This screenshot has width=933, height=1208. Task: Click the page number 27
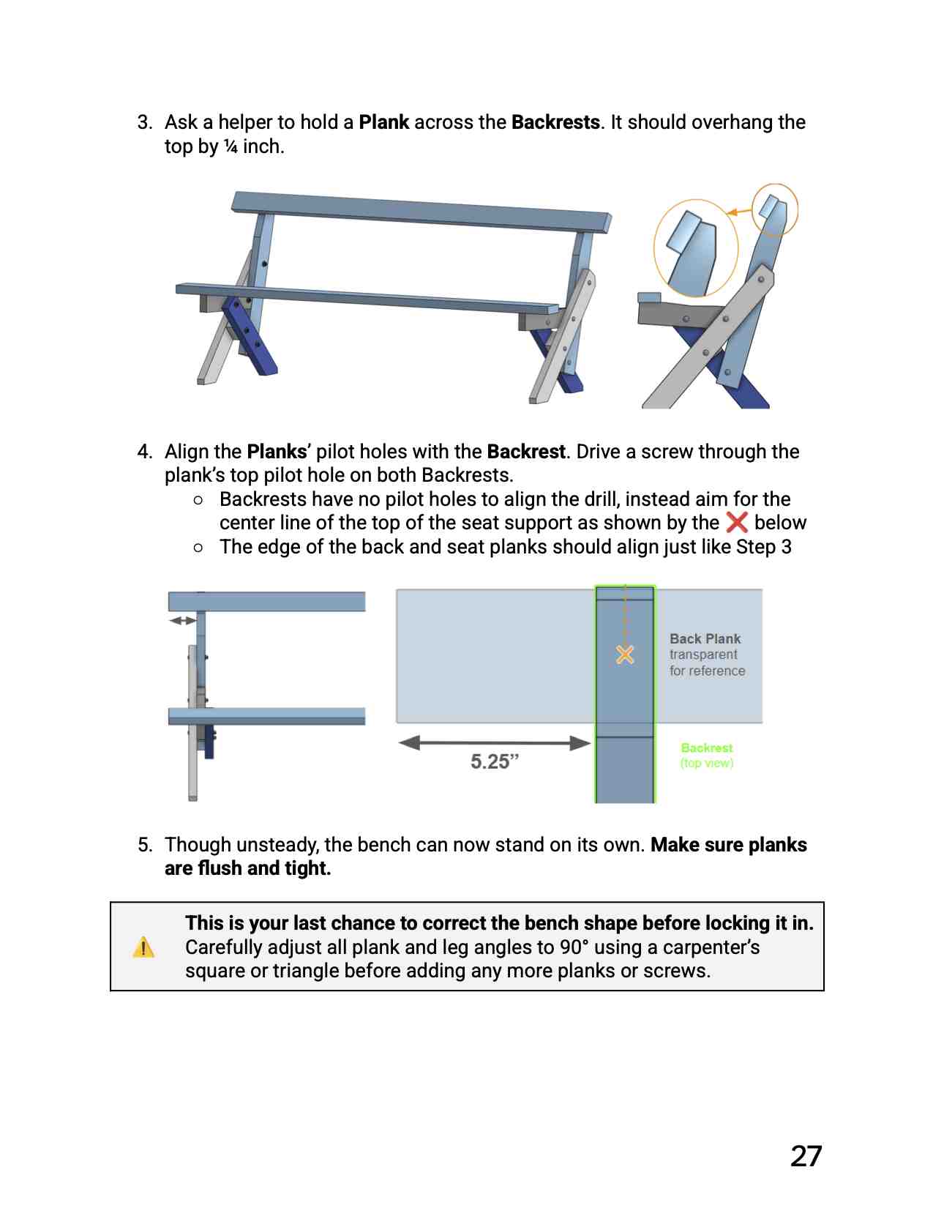(x=806, y=1156)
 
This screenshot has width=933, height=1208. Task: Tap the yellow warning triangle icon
(x=144, y=947)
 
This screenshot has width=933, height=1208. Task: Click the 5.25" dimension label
(x=495, y=761)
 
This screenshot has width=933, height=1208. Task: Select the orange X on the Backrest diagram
(x=625, y=654)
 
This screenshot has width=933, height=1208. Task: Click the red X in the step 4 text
(x=736, y=522)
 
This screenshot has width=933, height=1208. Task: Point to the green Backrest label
(x=706, y=747)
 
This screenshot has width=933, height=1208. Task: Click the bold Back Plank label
(x=705, y=638)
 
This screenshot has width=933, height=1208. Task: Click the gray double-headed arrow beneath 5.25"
(x=495, y=743)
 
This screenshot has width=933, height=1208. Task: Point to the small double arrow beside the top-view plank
(x=182, y=621)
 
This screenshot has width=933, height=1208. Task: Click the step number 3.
(x=145, y=122)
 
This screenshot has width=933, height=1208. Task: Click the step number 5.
(x=145, y=845)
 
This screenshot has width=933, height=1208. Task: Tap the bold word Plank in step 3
(x=383, y=122)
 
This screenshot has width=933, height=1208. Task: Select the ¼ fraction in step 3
(x=231, y=146)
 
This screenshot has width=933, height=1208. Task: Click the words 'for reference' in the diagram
(x=707, y=671)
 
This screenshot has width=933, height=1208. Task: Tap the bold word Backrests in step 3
(x=555, y=122)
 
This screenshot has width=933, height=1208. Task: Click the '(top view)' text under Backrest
(x=706, y=763)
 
